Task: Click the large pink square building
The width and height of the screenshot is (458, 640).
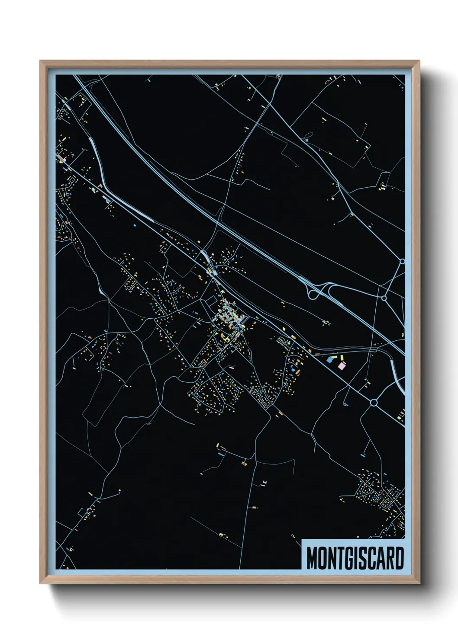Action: point(342,366)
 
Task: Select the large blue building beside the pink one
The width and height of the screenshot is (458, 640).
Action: point(331,359)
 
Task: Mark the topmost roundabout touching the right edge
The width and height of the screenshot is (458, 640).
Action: point(402,261)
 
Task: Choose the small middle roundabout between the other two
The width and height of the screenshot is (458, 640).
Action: point(384,298)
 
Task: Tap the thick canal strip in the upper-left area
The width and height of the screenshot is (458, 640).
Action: point(96,156)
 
